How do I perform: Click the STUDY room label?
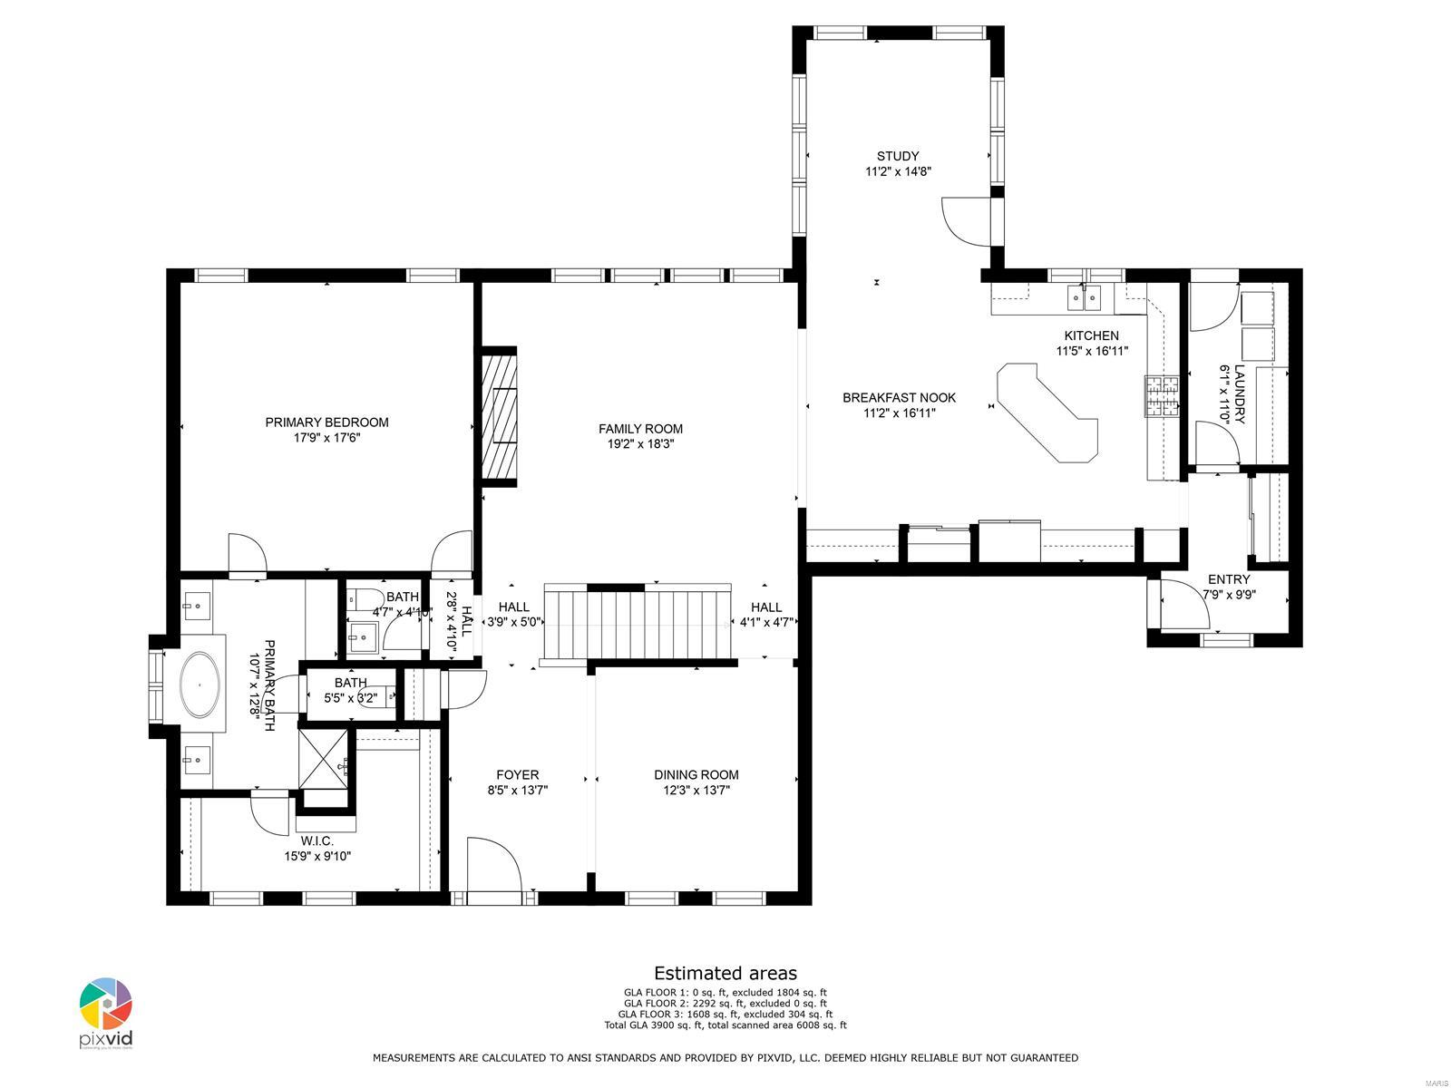click(x=897, y=156)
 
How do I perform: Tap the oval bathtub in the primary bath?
click(x=202, y=686)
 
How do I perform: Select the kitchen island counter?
click(x=1047, y=413)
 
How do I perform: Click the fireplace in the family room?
click(x=499, y=416)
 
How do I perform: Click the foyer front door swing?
click(x=492, y=866)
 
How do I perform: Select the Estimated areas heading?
click(x=725, y=973)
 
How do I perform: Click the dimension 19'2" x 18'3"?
click(x=640, y=444)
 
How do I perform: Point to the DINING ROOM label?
click(x=696, y=774)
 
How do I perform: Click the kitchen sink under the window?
click(x=1084, y=295)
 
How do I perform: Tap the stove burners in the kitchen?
click(x=1164, y=396)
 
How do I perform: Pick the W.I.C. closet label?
click(x=317, y=840)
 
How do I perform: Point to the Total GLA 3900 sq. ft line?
click(x=725, y=1025)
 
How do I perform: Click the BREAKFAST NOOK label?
click(x=899, y=397)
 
